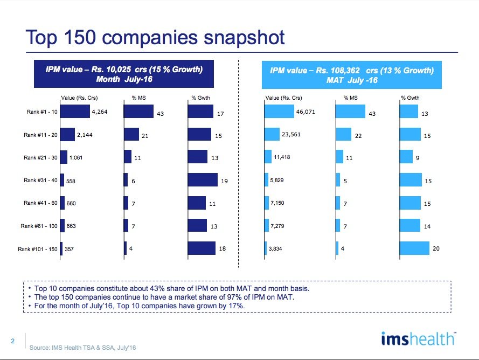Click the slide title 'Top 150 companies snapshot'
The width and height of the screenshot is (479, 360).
(155, 37)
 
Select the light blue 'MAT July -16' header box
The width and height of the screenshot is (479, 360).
(351, 75)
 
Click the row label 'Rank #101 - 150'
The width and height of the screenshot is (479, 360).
(37, 250)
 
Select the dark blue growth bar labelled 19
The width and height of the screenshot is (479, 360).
(203, 180)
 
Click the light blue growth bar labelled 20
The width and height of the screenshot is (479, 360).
(414, 248)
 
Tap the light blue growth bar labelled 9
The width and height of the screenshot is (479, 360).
(406, 156)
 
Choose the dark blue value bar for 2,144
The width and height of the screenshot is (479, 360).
(67, 135)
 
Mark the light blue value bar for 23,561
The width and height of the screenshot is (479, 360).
(272, 134)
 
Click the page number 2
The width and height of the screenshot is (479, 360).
(12, 341)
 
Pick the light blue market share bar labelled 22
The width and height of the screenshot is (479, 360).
(343, 134)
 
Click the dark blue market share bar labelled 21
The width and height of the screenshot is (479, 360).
(131, 135)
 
